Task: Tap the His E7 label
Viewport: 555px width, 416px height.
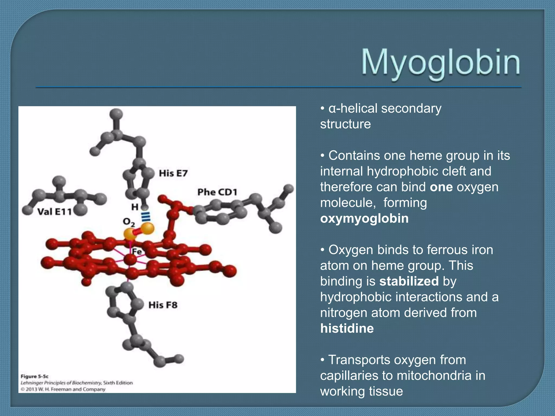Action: pos(173,173)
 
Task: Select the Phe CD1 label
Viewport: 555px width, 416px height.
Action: pos(217,192)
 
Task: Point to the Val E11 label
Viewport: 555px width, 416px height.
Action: pos(54,212)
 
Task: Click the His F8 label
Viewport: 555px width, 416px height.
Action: pos(163,305)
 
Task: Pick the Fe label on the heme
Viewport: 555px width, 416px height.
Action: pos(137,252)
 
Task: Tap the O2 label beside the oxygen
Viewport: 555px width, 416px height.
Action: pos(129,222)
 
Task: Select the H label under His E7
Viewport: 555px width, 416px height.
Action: pos(135,207)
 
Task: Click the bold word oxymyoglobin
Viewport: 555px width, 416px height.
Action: pos(364,219)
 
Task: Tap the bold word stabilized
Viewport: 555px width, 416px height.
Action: pos(409,281)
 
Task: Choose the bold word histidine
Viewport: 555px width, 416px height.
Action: pos(347,329)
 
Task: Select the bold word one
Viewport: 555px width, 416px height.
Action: pos(441,187)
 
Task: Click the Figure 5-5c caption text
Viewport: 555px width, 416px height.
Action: pos(35,376)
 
